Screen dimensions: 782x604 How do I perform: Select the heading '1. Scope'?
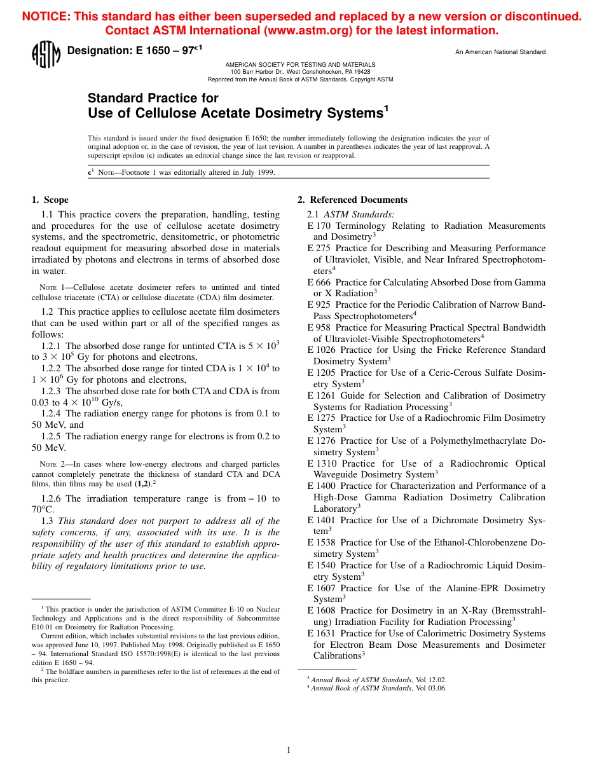pyautogui.click(x=50, y=200)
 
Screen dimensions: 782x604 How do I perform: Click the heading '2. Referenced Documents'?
pyautogui.click(x=352, y=200)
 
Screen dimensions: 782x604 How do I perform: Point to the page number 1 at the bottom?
pyautogui.click(x=289, y=750)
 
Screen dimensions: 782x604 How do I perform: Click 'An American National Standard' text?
pyautogui.click(x=500, y=52)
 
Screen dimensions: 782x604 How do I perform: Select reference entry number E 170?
pyautogui.click(x=319, y=226)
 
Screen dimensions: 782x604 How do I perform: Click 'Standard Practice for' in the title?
pyautogui.click(x=153, y=98)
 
